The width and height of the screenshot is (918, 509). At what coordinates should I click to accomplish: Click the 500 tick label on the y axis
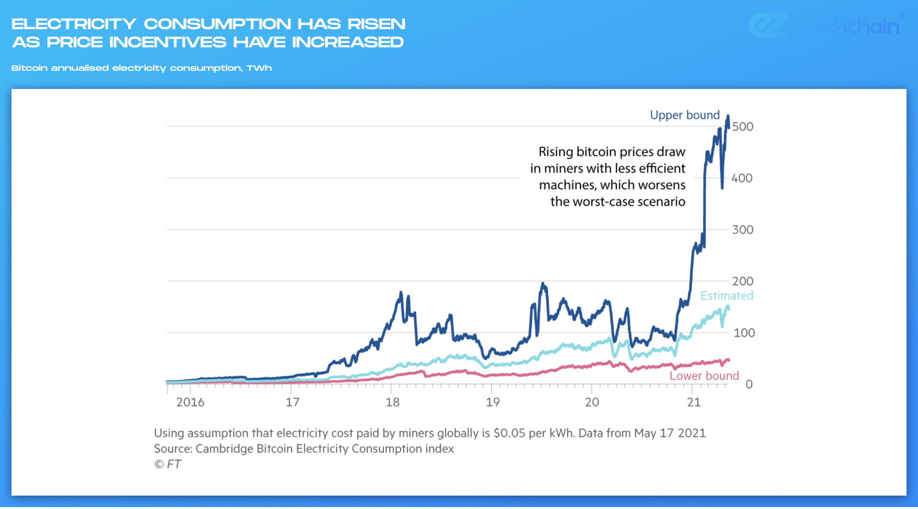tap(743, 127)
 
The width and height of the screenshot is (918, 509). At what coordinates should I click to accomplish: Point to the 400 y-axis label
tap(742, 178)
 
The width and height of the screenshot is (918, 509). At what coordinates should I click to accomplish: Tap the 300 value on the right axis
tap(743, 230)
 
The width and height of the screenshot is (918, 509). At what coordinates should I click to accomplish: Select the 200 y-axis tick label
tap(743, 281)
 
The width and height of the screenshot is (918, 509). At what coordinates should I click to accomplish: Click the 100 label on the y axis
tap(744, 333)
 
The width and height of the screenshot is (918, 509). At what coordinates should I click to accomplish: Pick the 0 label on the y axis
tap(749, 385)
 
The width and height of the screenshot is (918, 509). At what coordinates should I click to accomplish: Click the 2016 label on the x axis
tap(190, 402)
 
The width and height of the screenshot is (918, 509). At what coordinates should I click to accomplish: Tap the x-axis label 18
tap(393, 402)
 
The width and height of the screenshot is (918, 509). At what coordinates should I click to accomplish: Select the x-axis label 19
tap(492, 402)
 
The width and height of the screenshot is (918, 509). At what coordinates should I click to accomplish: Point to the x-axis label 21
tap(694, 402)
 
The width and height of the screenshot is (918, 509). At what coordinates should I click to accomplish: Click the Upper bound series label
tap(685, 115)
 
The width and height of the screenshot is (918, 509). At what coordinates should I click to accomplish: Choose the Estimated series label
tap(727, 296)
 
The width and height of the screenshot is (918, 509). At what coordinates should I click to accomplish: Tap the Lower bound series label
tap(704, 376)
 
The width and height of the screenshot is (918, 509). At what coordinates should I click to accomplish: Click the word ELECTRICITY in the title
tap(74, 24)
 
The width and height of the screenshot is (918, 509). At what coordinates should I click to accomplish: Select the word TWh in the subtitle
tap(259, 68)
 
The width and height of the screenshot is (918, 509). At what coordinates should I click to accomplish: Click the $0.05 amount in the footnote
tap(509, 433)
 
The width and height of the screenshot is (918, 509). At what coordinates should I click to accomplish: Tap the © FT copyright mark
tap(167, 465)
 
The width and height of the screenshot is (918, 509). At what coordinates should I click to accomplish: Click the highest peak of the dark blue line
tap(728, 116)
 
